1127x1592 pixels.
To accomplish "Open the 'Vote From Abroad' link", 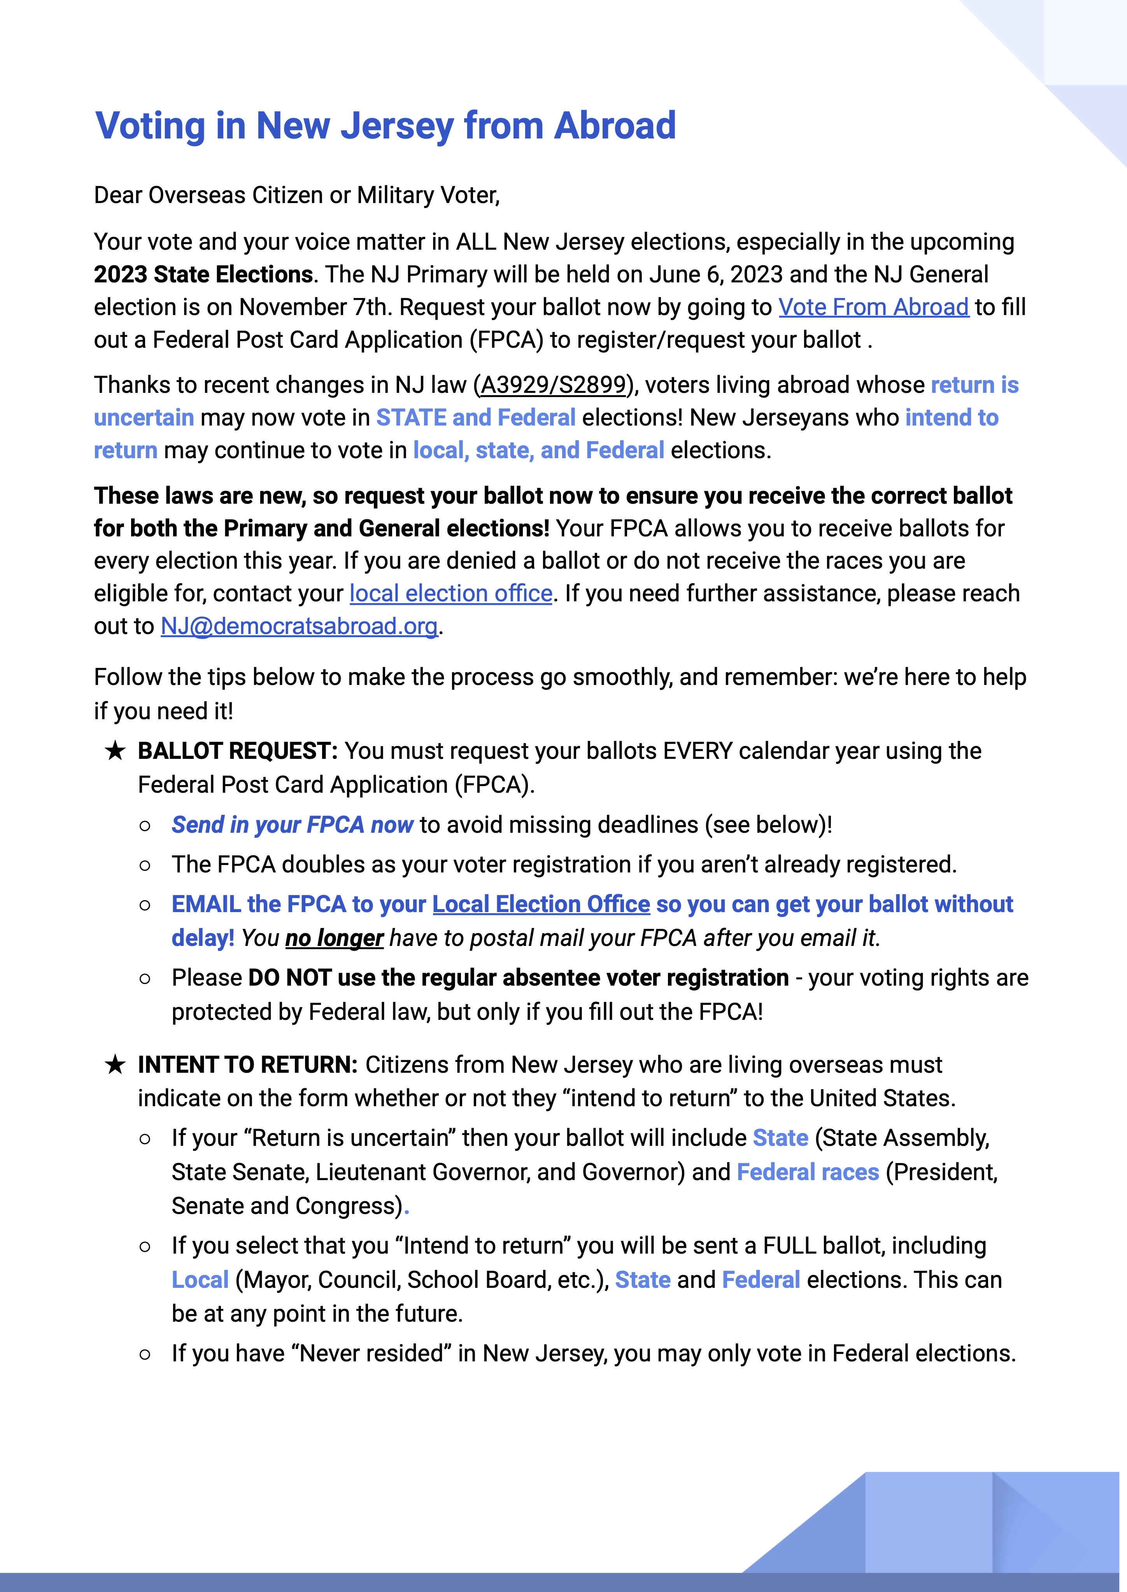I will [x=873, y=307].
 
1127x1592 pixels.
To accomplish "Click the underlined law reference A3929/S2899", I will [x=553, y=385].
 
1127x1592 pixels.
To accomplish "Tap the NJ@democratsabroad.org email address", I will [x=299, y=626].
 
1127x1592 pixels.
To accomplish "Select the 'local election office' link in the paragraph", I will [x=451, y=594].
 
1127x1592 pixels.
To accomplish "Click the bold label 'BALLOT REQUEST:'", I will [x=237, y=751].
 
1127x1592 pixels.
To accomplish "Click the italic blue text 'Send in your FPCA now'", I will [x=292, y=825].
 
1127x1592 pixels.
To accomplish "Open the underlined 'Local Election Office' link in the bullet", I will [x=541, y=905].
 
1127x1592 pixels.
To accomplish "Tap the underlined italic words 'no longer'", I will [x=335, y=939].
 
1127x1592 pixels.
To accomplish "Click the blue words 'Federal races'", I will [x=808, y=1172].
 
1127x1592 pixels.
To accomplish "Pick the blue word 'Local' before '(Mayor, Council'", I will [x=200, y=1280].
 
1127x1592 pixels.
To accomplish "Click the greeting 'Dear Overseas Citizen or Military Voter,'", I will [x=297, y=196].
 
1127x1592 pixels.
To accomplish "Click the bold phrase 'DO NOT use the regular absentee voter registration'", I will [x=518, y=978].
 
